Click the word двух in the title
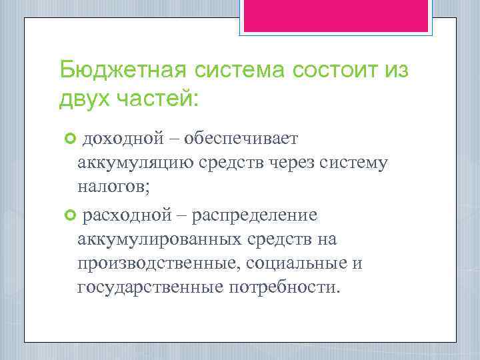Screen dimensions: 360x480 click(83, 99)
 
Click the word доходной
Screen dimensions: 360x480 click(123, 139)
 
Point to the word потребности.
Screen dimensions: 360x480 click(285, 287)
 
